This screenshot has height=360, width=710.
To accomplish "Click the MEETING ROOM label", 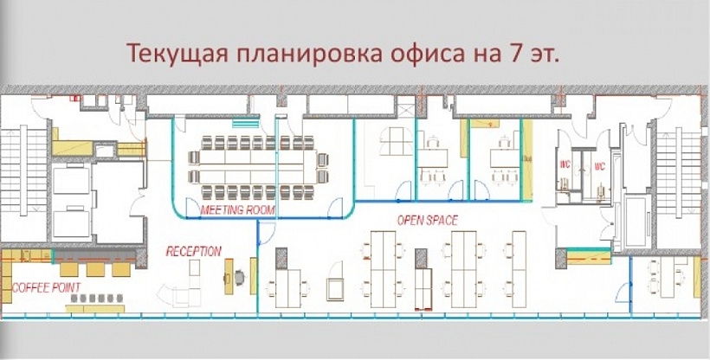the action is pyautogui.click(x=238, y=210).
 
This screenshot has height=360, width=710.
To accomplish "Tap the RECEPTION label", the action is pyautogui.click(x=194, y=251).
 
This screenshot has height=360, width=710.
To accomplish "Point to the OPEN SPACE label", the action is pyautogui.click(x=427, y=220).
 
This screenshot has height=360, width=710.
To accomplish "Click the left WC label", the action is pyautogui.click(x=564, y=164).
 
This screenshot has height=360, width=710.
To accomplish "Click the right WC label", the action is pyautogui.click(x=599, y=164).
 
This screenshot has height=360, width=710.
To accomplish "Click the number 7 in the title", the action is pyautogui.click(x=507, y=54).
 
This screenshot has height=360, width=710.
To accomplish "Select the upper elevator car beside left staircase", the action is pyautogui.click(x=70, y=181).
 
